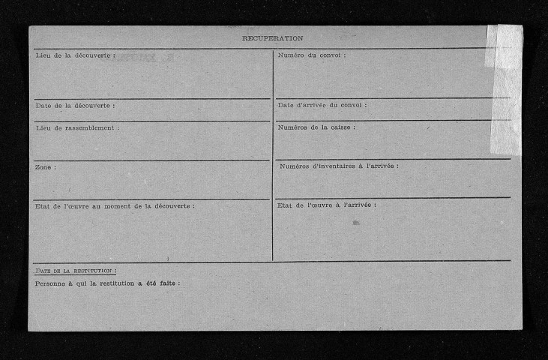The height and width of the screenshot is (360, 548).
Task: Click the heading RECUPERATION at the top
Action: click(272, 37)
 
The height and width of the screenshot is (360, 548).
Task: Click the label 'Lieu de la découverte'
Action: click(74, 56)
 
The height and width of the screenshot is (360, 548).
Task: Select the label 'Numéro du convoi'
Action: click(311, 55)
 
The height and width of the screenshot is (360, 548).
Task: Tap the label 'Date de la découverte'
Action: click(74, 105)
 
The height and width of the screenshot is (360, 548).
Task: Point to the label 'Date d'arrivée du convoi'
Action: click(322, 104)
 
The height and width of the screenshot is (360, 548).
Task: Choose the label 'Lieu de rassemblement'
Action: click(76, 127)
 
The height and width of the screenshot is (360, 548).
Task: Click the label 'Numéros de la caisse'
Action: click(316, 127)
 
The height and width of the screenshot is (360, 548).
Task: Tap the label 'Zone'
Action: click(45, 166)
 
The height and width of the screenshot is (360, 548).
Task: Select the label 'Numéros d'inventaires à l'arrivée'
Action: click(338, 166)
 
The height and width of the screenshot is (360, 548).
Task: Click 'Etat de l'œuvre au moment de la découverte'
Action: click(114, 205)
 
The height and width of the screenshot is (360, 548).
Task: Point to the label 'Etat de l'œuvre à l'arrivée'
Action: click(326, 205)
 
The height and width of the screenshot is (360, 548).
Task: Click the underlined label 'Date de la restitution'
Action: click(74, 270)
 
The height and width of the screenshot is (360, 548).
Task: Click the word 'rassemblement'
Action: click(91, 127)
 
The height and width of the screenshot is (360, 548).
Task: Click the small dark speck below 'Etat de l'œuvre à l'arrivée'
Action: click(355, 222)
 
